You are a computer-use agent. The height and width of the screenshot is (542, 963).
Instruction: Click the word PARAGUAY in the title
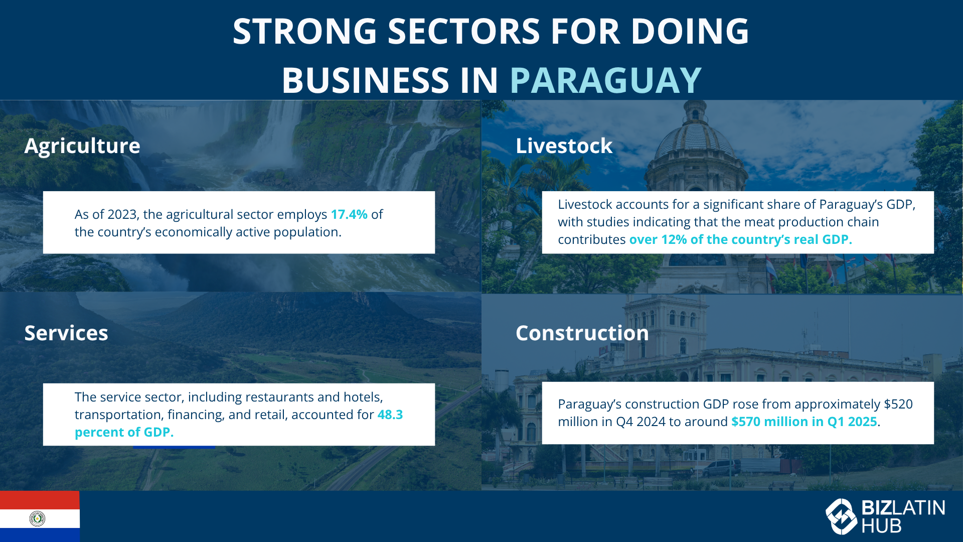[x=605, y=80]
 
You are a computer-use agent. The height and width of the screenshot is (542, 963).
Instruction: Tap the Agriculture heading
[x=82, y=147]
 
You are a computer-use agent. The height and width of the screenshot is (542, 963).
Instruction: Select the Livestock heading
[x=564, y=146]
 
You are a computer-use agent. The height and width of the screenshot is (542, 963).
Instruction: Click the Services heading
[x=66, y=333]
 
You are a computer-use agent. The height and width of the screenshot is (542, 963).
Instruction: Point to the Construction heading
[x=582, y=333]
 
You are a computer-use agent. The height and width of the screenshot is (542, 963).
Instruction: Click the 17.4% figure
[x=349, y=214]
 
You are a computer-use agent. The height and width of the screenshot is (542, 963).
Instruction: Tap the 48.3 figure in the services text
[x=390, y=415]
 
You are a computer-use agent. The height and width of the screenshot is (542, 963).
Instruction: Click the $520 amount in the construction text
[x=898, y=404]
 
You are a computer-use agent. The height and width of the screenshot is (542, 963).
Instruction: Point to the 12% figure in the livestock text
[x=674, y=239]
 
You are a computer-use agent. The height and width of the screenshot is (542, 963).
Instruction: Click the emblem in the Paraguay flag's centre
[x=37, y=518]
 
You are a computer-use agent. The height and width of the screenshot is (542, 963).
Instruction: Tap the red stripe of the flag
[x=40, y=500]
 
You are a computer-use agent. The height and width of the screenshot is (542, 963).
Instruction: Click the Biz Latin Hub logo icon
[x=841, y=516]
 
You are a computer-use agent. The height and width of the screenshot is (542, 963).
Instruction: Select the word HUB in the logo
[x=881, y=526]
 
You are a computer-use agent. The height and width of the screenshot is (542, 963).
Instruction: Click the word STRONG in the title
[x=304, y=32]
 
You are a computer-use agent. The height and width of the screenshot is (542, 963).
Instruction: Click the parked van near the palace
[x=721, y=468]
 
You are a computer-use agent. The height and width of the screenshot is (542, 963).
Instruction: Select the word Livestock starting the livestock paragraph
[x=585, y=204]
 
